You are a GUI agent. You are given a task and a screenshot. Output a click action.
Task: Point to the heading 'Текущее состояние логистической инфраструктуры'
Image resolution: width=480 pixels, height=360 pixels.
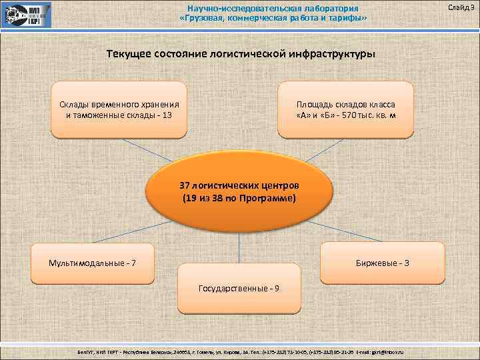[240, 53]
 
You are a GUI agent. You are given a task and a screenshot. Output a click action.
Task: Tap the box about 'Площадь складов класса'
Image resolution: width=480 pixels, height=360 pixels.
[346, 109]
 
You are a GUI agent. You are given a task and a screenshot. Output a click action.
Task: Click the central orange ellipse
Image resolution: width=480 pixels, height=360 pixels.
[239, 192]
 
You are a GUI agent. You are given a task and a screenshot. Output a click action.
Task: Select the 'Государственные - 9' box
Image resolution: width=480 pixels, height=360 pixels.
[239, 289]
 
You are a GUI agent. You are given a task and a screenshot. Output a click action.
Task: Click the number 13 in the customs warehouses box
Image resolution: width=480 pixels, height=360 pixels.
[166, 115]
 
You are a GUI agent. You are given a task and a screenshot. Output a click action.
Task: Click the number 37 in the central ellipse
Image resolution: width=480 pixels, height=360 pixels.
[186, 185]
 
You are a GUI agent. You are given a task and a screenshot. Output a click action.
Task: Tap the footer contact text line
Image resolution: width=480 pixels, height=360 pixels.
[240, 351]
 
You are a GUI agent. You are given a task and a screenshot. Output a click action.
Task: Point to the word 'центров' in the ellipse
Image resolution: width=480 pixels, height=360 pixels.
[283, 185]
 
